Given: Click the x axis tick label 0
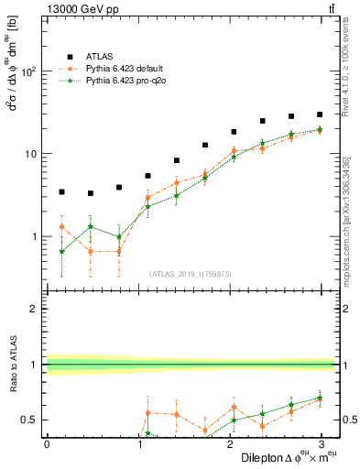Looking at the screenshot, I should point(47,444).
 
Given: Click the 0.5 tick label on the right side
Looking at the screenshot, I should point(348,420).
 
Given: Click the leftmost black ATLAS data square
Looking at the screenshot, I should point(61,192).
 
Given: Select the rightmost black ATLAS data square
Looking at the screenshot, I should point(320,115).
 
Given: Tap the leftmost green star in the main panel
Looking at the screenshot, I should point(61,251).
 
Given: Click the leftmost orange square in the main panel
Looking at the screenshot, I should point(61,226).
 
